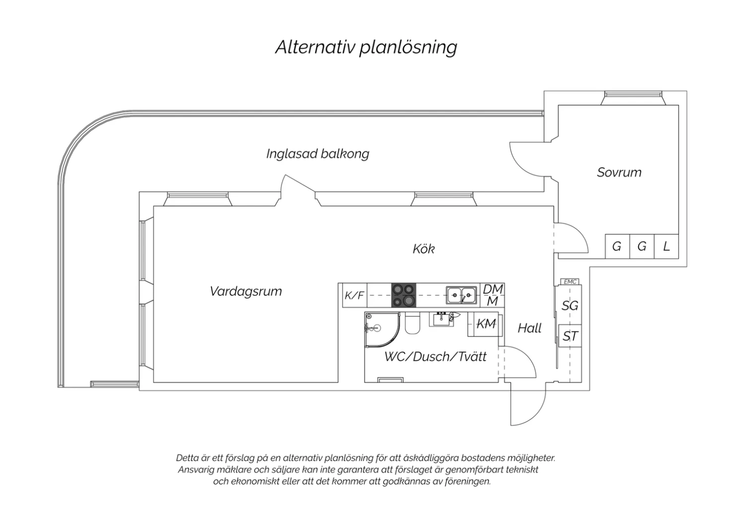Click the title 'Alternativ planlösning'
click(x=366, y=48)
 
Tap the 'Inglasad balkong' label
click(x=318, y=154)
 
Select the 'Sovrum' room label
click(x=619, y=173)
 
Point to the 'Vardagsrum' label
click(x=246, y=291)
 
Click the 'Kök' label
click(x=424, y=249)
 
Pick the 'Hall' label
click(x=529, y=329)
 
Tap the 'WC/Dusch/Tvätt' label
click(x=436, y=357)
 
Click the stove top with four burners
click(x=404, y=295)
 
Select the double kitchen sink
click(x=461, y=295)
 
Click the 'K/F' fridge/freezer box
click(x=355, y=295)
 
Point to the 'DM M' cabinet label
click(x=493, y=295)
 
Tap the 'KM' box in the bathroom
click(x=485, y=324)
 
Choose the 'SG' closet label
click(x=570, y=306)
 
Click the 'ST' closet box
click(x=570, y=336)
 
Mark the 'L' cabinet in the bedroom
click(x=666, y=247)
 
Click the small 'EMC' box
click(x=570, y=282)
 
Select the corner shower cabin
click(x=382, y=329)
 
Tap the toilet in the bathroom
click(x=412, y=324)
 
